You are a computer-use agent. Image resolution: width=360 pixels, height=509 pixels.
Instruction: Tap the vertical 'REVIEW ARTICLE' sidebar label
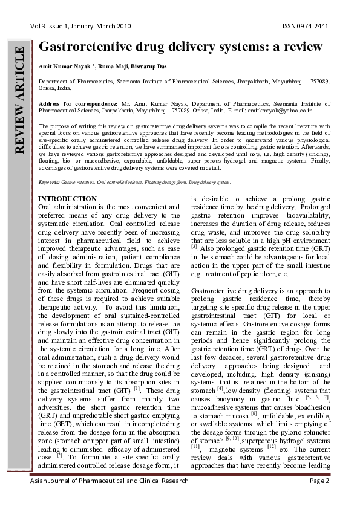tap(20, 99)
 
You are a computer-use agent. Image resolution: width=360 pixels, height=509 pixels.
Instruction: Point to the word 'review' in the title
tap(301, 48)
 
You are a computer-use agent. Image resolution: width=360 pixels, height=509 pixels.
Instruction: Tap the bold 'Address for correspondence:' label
tap(77, 104)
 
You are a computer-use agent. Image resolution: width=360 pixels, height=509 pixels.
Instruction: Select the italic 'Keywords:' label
tap(49, 182)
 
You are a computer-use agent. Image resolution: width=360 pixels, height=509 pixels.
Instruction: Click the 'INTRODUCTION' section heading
tap(67, 199)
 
